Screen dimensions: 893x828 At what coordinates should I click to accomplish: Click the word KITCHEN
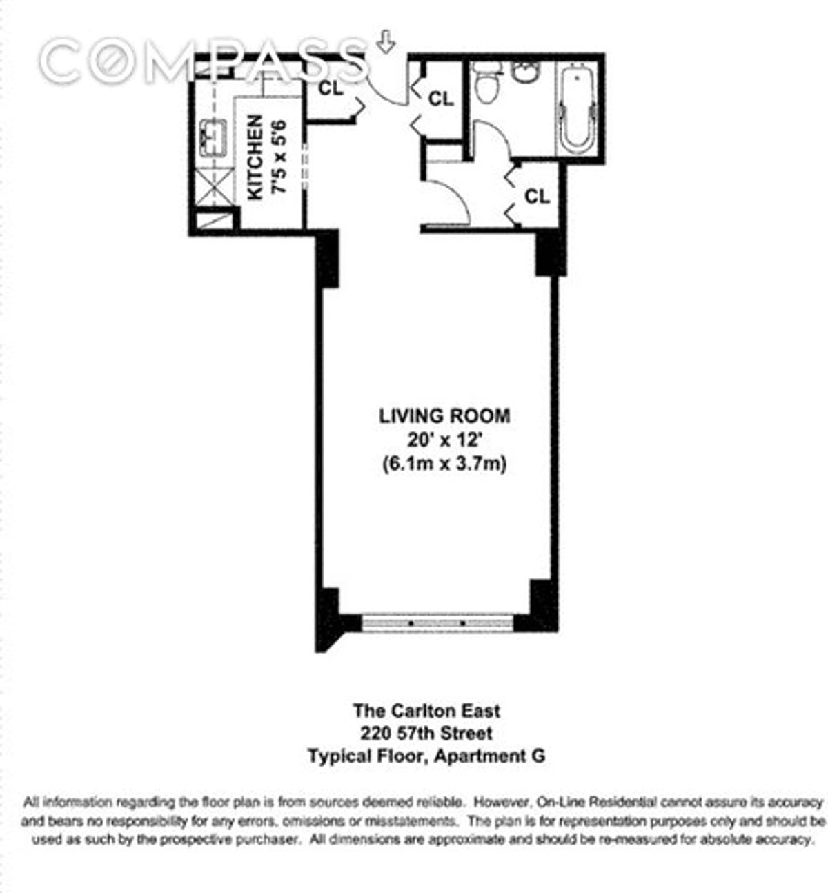pyautogui.click(x=255, y=157)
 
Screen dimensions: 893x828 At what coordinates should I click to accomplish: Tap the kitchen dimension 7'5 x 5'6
pyautogui.click(x=277, y=157)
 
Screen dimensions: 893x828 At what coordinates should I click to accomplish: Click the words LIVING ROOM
pyautogui.click(x=444, y=416)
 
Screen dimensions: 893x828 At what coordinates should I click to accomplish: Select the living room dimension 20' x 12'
pyautogui.click(x=444, y=440)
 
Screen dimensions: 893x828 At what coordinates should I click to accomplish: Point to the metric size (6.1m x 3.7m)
pyautogui.click(x=444, y=464)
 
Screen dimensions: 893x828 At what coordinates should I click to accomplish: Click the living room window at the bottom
pyautogui.click(x=438, y=622)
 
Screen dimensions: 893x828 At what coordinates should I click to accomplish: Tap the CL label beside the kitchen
pyautogui.click(x=331, y=88)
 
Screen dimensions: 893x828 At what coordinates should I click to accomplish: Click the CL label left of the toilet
pyautogui.click(x=441, y=99)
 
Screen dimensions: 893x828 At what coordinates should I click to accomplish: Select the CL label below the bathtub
pyautogui.click(x=538, y=197)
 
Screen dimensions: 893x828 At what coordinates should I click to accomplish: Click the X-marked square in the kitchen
pyautogui.click(x=211, y=188)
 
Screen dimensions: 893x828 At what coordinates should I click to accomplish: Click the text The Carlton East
pyautogui.click(x=426, y=710)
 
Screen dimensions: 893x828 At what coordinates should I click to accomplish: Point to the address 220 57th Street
pyautogui.click(x=426, y=733)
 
